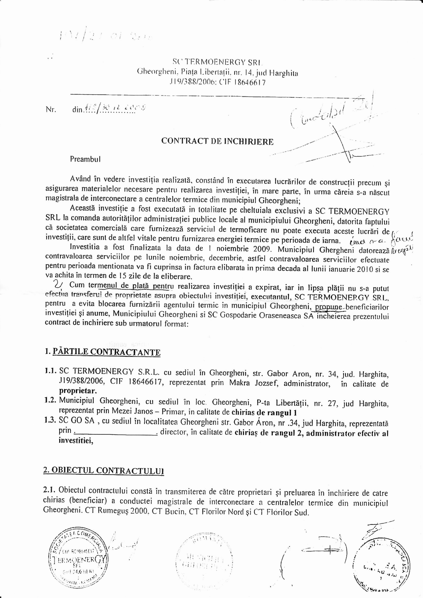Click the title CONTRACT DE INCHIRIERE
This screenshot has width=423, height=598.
coord(217,141)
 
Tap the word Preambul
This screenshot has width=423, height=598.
coord(85,159)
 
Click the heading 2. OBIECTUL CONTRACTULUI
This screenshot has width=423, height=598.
coord(104,471)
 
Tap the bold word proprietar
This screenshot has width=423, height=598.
coord(78,391)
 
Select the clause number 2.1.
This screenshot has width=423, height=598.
coord(50,491)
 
